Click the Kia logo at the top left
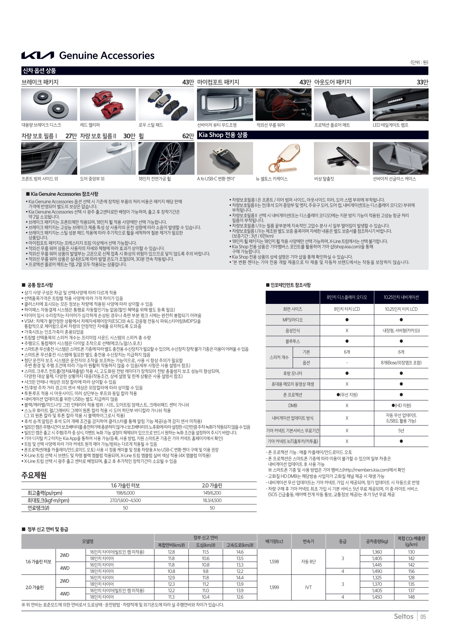point(37,55)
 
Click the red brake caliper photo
point(107,104)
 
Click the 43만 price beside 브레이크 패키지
point(188,82)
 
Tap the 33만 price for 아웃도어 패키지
point(422,82)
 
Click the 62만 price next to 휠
point(188,136)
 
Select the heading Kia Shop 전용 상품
point(223,135)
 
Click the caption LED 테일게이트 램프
point(390,125)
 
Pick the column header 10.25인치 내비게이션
point(401,297)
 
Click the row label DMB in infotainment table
point(293,406)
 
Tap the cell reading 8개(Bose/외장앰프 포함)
point(401,363)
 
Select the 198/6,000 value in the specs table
point(125,493)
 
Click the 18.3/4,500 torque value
point(212,500)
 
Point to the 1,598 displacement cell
point(274,562)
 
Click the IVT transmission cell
point(308,587)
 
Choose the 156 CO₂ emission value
point(411,571)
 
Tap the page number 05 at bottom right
point(423,617)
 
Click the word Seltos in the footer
point(403,617)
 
